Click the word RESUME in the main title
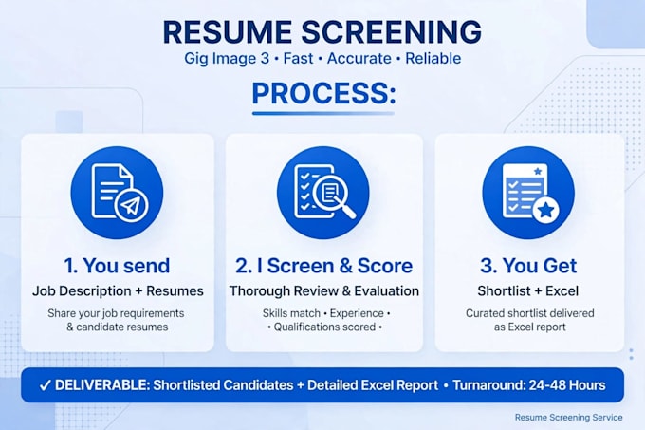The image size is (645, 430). tap(228, 31)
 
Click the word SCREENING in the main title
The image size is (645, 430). tap(392, 31)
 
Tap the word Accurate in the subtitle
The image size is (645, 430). tap(359, 59)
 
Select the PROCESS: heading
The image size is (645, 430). tap(323, 93)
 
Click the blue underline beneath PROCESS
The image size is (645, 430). tap(323, 113)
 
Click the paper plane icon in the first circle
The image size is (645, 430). tap(131, 206)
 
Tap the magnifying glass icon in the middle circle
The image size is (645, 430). tap(334, 197)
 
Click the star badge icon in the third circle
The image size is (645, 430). tap(545, 211)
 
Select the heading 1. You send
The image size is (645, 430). tap(117, 266)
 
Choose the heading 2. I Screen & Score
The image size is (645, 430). tap(323, 266)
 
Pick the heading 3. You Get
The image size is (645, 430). tap(528, 266)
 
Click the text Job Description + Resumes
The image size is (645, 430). tap(118, 290)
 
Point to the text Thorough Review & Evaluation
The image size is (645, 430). tap(324, 290)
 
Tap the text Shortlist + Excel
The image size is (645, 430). tap(528, 290)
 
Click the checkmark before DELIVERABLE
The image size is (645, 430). tap(46, 385)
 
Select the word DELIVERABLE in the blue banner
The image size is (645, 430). tap(101, 385)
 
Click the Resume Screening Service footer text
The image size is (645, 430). tap(568, 418)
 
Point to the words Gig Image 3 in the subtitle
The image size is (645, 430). tap(227, 59)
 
